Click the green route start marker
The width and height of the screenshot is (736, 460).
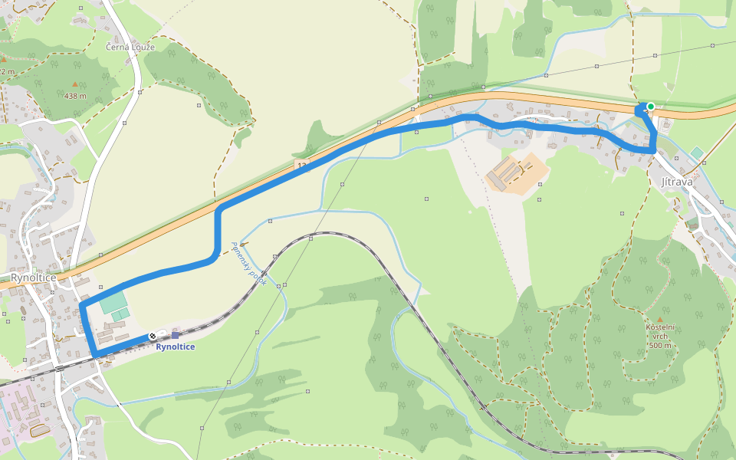tap(650, 107)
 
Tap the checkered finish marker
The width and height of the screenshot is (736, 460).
tap(153, 336)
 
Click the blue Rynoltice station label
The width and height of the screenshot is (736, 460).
tap(175, 347)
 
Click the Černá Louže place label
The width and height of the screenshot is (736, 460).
tap(130, 47)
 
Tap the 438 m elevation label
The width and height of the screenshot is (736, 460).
tap(74, 96)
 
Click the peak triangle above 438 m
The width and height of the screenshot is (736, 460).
tap(74, 84)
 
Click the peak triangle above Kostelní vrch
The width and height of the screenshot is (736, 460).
tap(659, 319)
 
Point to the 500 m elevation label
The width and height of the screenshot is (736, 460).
tap(659, 346)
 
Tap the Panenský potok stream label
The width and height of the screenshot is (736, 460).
tap(248, 264)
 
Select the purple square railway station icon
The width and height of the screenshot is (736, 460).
tap(176, 335)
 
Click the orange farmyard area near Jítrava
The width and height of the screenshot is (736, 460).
tap(518, 173)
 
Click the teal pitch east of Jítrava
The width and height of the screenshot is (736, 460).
tap(696, 153)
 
